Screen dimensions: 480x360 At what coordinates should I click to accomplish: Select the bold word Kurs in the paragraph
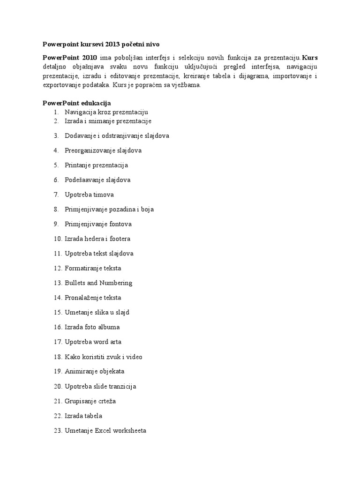point(310,58)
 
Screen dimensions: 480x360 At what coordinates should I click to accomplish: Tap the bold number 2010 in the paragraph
point(87,58)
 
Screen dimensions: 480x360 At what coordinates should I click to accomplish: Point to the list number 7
point(56,195)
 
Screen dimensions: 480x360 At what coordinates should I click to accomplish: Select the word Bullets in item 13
point(75,283)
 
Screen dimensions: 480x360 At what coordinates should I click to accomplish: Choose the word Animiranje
point(81,372)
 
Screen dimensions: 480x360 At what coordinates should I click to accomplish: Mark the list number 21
point(58,401)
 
